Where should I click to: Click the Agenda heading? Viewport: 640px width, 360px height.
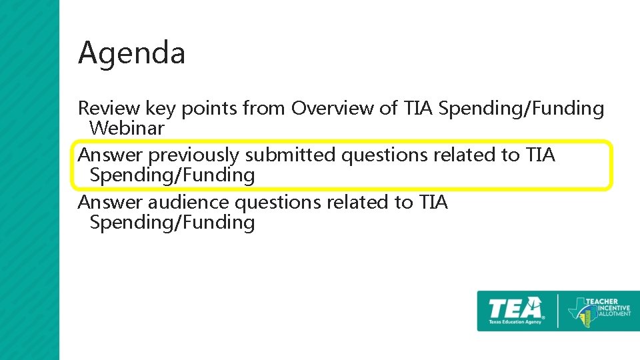click(131, 53)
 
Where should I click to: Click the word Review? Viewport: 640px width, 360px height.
click(109, 108)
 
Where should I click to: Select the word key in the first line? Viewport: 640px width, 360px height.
click(161, 109)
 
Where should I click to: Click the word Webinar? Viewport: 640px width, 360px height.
click(127, 128)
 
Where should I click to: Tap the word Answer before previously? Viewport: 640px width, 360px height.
click(110, 155)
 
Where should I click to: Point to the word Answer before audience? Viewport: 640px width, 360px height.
click(110, 202)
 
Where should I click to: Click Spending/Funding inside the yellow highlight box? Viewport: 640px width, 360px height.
click(172, 175)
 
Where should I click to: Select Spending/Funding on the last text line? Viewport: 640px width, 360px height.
click(172, 223)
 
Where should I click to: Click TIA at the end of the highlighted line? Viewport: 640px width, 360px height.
click(540, 155)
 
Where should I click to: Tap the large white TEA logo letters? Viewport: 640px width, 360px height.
click(515, 309)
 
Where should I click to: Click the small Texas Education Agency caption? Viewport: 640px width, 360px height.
click(515, 321)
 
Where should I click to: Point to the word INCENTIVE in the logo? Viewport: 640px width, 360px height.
click(609, 309)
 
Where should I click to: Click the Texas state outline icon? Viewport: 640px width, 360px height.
click(578, 311)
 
